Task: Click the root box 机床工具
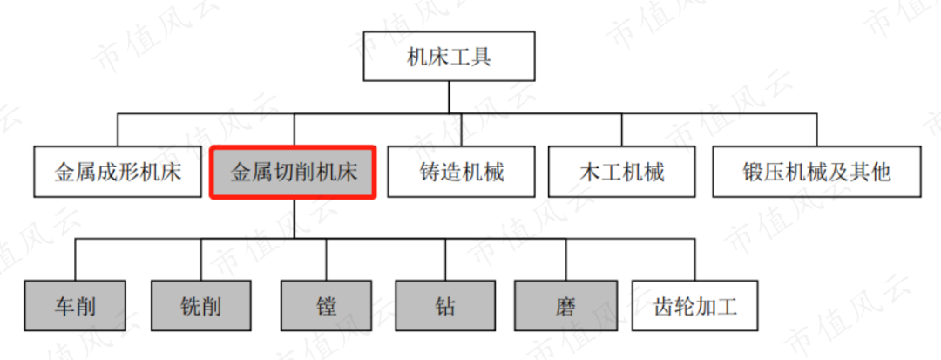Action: [x=450, y=58]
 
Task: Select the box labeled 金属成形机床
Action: [x=118, y=172]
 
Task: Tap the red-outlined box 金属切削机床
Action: [x=294, y=172]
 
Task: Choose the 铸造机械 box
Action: [x=461, y=172]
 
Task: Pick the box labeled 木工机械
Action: [x=621, y=172]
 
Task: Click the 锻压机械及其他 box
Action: [x=816, y=172]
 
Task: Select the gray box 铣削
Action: [x=201, y=306]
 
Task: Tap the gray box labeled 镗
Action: [x=327, y=306]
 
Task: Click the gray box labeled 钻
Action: [x=445, y=306]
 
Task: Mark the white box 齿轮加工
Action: [x=695, y=306]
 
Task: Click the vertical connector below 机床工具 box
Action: [x=450, y=98]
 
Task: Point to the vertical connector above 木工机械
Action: [x=621, y=130]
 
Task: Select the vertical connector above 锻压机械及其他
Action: [x=817, y=130]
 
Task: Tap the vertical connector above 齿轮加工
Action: [x=695, y=259]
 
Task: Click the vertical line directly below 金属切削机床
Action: [x=294, y=218]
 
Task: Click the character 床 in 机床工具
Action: [x=439, y=58]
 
